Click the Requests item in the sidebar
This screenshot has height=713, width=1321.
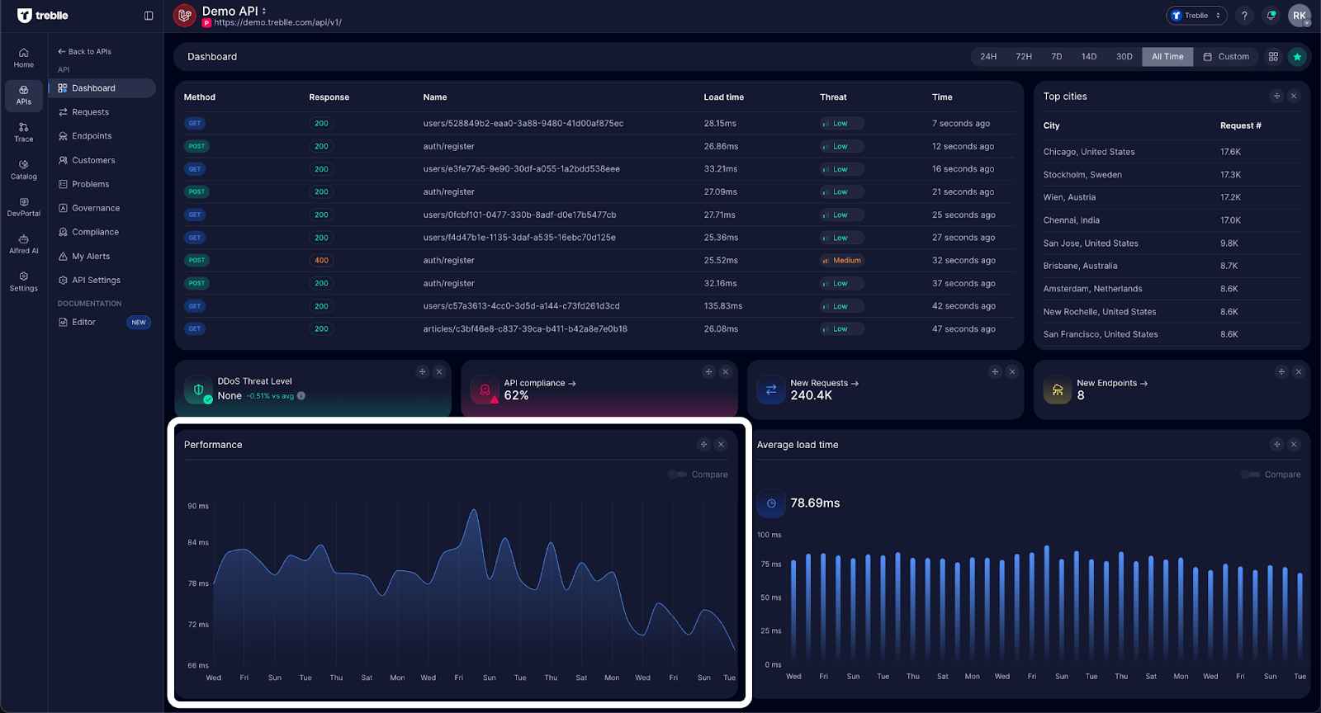click(90, 112)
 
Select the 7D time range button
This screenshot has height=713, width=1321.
click(1056, 57)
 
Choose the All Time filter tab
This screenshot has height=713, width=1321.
click(1167, 57)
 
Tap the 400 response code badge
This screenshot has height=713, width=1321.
click(321, 261)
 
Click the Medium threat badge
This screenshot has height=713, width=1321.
click(841, 261)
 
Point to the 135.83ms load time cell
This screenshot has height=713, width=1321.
click(722, 306)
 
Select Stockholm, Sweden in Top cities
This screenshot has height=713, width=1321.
click(1082, 175)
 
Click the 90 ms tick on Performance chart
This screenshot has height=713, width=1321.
click(198, 506)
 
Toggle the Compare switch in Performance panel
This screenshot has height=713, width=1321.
click(678, 475)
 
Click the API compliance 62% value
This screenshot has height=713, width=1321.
click(516, 396)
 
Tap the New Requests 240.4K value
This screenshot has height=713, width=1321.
click(811, 396)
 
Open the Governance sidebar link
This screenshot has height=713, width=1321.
click(95, 209)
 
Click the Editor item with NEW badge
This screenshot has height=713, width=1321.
click(83, 323)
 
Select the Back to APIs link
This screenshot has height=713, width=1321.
click(85, 52)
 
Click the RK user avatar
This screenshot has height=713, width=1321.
click(1299, 16)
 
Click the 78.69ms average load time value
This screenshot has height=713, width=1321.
click(814, 503)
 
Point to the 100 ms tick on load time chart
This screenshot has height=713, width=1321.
click(769, 535)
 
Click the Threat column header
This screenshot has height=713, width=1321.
click(832, 97)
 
